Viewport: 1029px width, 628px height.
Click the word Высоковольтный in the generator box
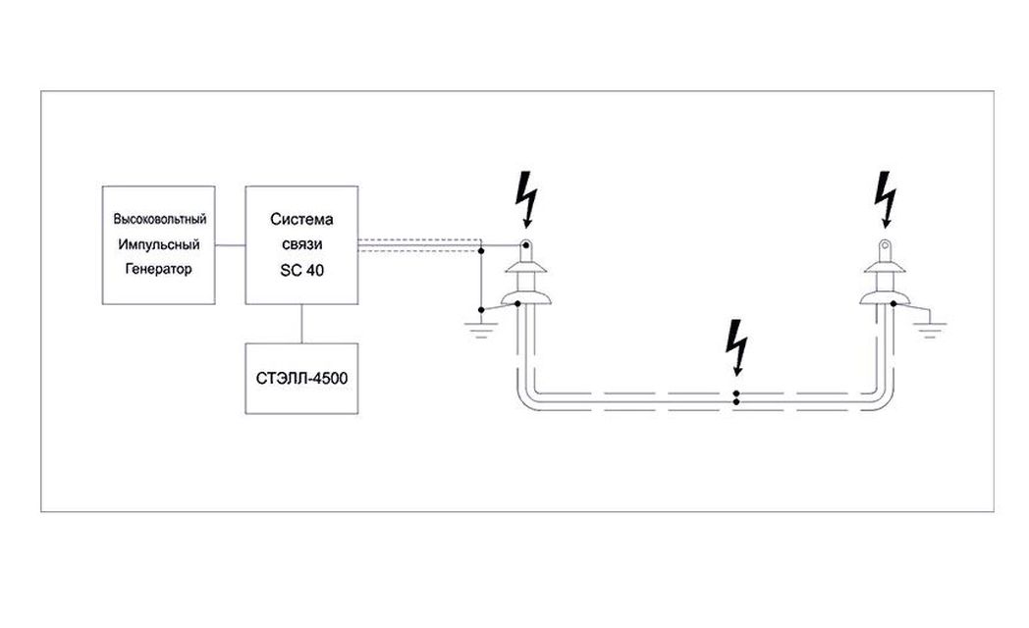pyautogui.click(x=160, y=217)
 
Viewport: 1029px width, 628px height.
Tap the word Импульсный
pyautogui.click(x=160, y=242)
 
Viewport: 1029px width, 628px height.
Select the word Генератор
pyautogui.click(x=160, y=267)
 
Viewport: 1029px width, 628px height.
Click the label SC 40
pyautogui.click(x=302, y=267)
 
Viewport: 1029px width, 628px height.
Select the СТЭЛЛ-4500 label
pyautogui.click(x=302, y=378)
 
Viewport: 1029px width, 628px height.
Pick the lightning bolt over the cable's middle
pyautogui.click(x=735, y=349)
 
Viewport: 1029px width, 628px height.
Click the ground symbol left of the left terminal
pyautogui.click(x=480, y=324)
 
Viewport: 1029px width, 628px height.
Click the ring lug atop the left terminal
pyautogui.click(x=526, y=245)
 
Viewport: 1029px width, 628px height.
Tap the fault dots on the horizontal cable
pyautogui.click(x=736, y=397)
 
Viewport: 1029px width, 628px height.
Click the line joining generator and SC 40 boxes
pyautogui.click(x=230, y=244)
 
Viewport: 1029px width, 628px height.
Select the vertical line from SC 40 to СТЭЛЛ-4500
pyautogui.click(x=302, y=323)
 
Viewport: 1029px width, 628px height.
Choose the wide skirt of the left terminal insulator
pyautogui.click(x=526, y=297)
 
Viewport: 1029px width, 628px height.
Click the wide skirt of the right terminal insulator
pyautogui.click(x=885, y=297)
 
